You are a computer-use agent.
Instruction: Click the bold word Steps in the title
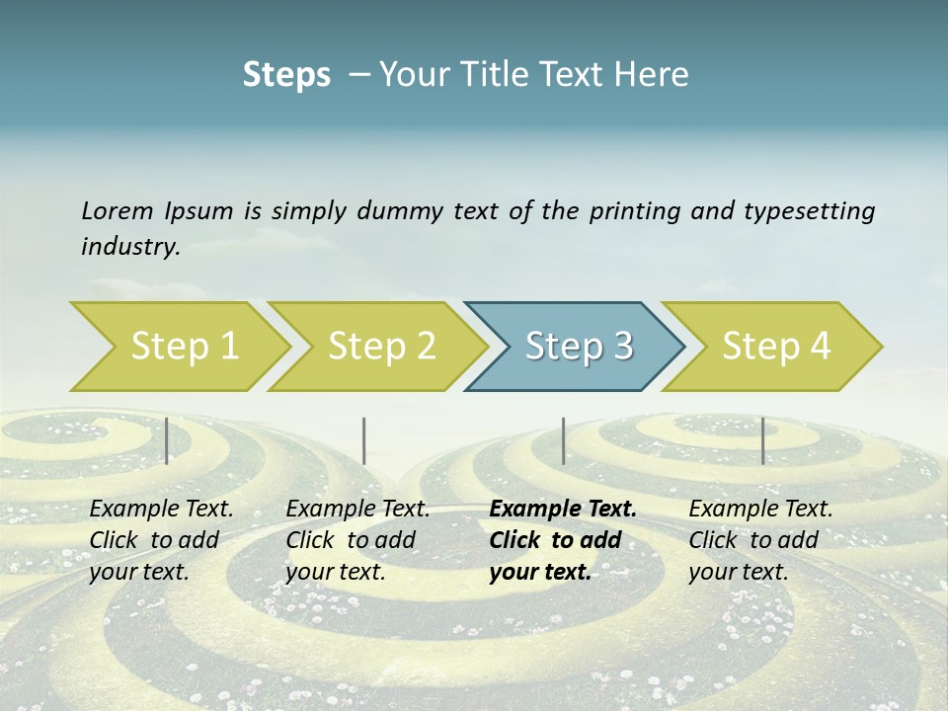click(286, 74)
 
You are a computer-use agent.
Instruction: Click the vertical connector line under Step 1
click(167, 440)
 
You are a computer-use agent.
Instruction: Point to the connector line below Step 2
click(364, 440)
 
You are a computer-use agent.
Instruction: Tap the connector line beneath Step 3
click(563, 440)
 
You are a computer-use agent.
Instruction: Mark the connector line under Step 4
click(762, 440)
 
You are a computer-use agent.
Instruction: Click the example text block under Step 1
click(160, 540)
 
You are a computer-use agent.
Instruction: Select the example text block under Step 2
click(356, 540)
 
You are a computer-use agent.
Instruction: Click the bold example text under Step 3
click(562, 540)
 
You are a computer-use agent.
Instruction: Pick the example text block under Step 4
click(759, 540)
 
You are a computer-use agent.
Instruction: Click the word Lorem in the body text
click(117, 210)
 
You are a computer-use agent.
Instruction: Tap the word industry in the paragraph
click(129, 247)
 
